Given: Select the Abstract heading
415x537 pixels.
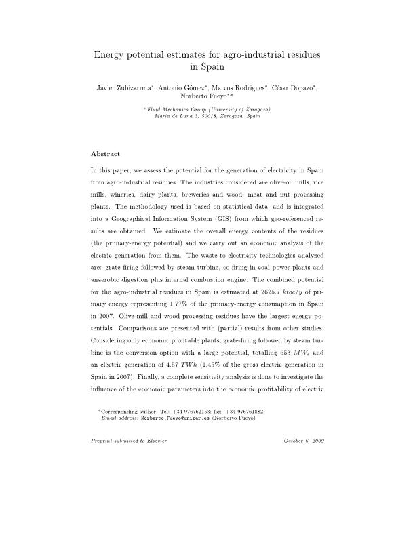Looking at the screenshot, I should point(105,154).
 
